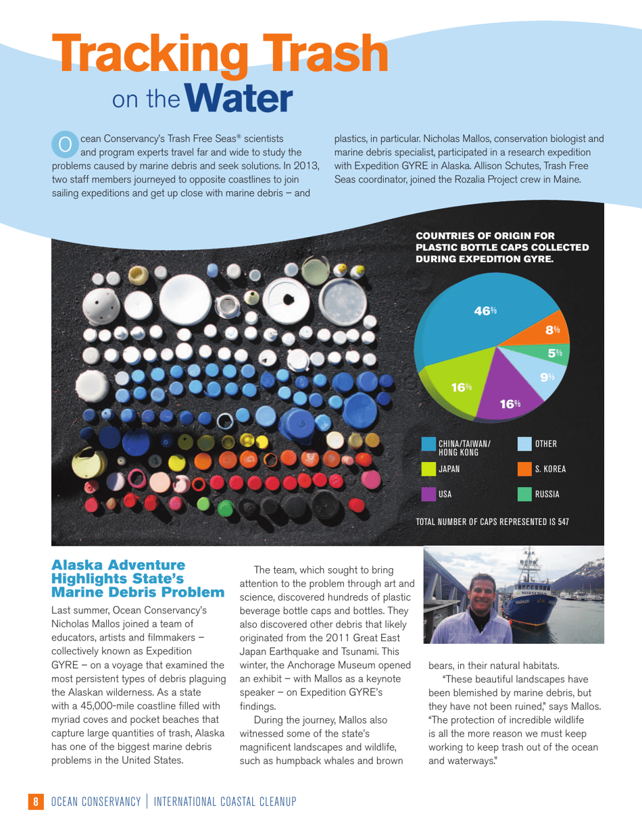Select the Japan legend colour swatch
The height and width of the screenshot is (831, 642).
(x=428, y=469)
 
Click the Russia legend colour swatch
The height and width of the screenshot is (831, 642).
(x=524, y=494)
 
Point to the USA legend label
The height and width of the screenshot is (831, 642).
(x=445, y=495)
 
